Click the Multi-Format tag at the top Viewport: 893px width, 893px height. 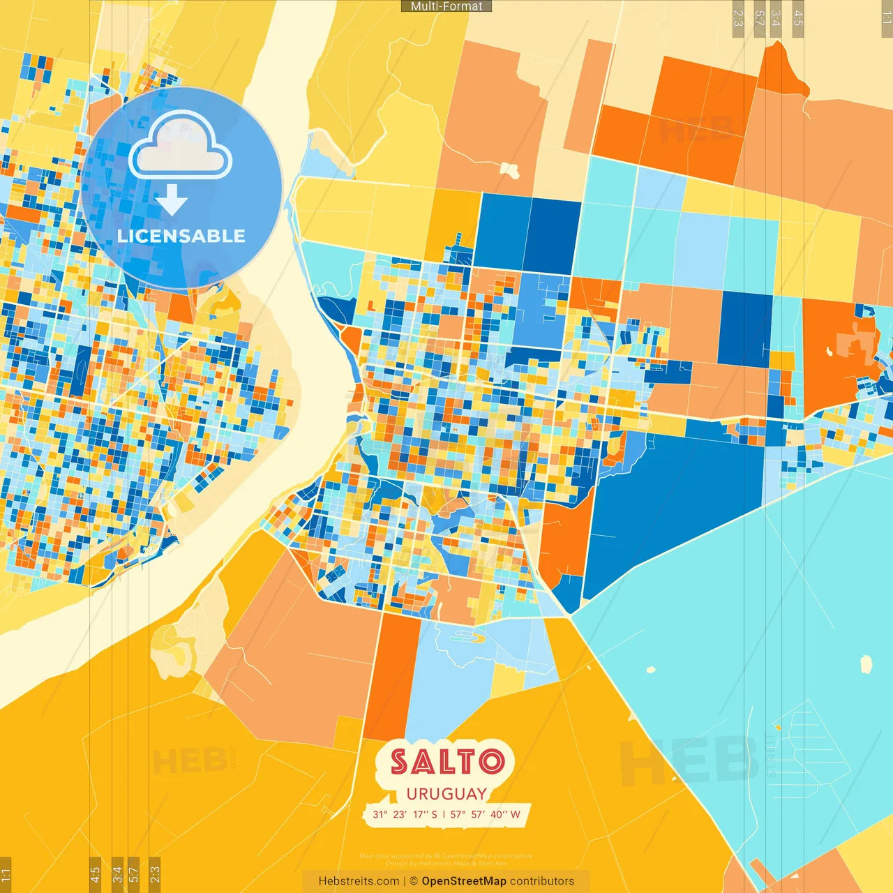coord(446,6)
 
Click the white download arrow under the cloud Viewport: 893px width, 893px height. coord(172,200)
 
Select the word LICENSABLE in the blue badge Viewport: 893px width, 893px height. coord(181,236)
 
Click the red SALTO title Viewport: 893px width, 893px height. coord(447,762)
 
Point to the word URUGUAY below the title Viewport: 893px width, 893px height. coord(446,794)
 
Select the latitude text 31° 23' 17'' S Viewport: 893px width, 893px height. coord(405,814)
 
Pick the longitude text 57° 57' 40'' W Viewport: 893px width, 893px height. coord(485,814)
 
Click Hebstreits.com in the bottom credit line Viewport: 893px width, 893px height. coord(359,881)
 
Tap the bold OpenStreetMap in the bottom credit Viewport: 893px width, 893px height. coord(464,881)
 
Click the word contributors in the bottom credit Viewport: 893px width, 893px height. coord(542,881)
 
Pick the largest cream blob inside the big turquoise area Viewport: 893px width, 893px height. coord(866,664)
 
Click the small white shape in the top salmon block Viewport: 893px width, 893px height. coord(509,170)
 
